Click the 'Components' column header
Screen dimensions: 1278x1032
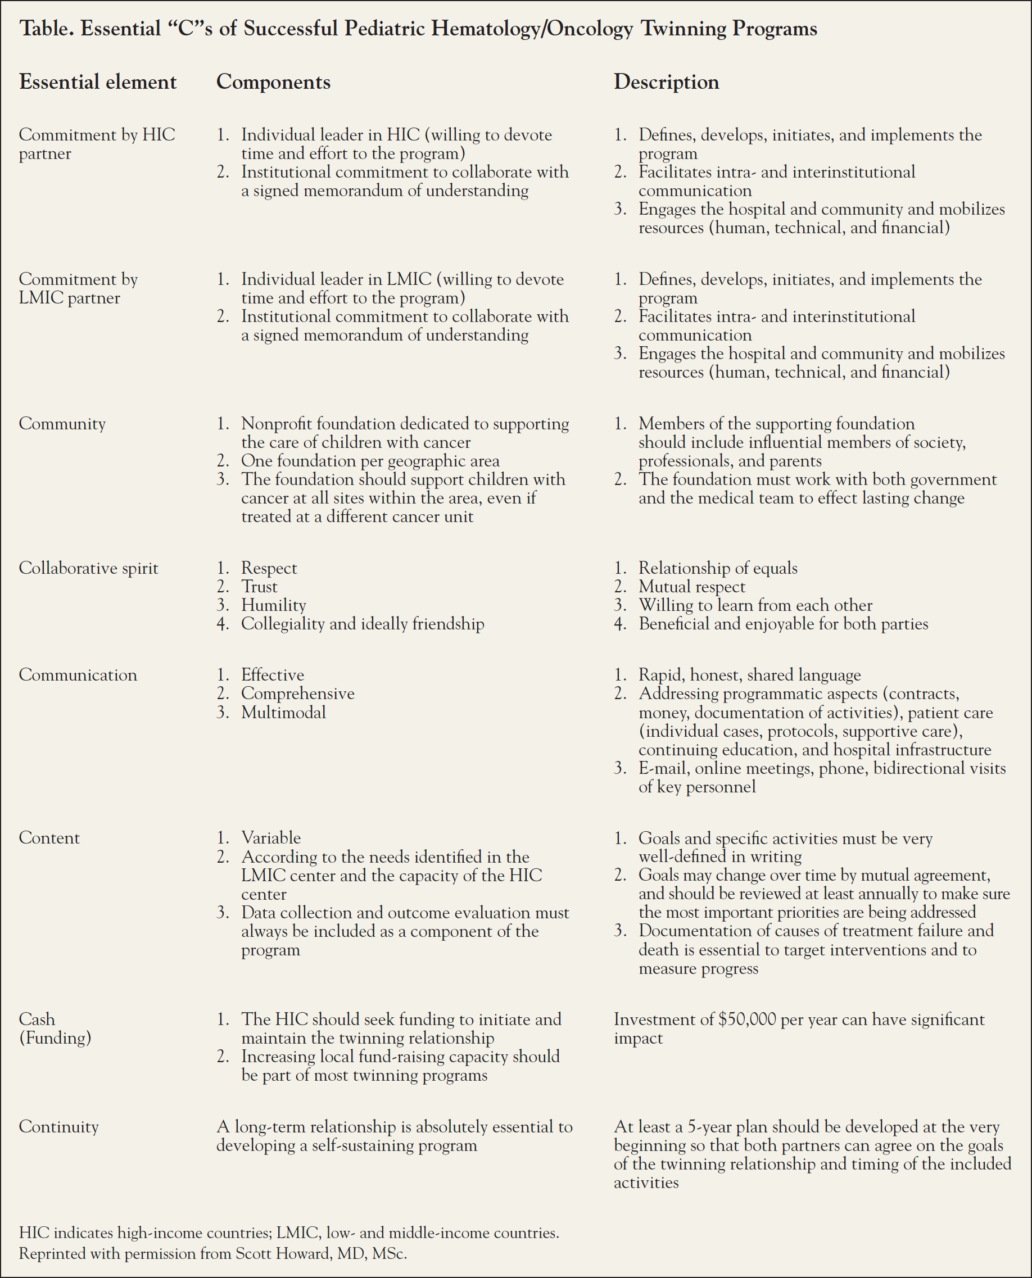pos(273,82)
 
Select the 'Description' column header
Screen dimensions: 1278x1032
pos(666,82)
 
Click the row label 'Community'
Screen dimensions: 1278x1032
pos(62,424)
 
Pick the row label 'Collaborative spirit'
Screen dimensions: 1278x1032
pos(89,568)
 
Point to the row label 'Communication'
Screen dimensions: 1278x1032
pos(78,676)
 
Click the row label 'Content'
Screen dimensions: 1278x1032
pos(49,838)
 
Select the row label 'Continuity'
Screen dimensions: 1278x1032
pos(58,1126)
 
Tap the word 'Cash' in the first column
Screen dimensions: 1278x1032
pos(37,1019)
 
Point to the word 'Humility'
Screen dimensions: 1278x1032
pos(273,605)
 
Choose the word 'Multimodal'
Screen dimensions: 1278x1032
pos(283,712)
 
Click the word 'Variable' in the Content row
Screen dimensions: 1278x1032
pos(270,838)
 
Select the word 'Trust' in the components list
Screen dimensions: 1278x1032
pos(259,587)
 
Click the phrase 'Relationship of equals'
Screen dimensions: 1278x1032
pos(718,568)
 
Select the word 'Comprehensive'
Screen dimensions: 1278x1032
pos(297,694)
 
